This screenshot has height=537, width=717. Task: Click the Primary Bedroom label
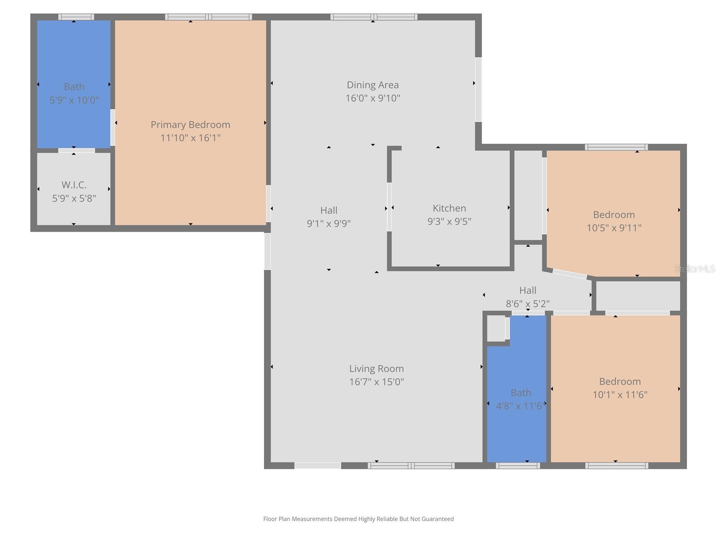click(190, 124)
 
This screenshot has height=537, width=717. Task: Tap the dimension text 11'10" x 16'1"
click(190, 138)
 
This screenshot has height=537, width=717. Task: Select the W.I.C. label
click(74, 185)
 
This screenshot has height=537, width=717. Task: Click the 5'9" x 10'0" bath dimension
click(74, 100)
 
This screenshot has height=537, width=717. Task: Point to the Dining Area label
click(372, 85)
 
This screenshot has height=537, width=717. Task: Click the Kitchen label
click(449, 208)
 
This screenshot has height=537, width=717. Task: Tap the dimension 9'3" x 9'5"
click(449, 221)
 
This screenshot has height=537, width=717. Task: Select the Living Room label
click(376, 368)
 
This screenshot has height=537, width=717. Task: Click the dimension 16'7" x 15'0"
click(376, 382)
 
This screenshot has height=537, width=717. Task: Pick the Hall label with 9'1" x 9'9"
click(328, 210)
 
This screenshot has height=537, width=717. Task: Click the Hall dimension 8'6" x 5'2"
click(527, 303)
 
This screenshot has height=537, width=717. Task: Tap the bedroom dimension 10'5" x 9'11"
click(614, 228)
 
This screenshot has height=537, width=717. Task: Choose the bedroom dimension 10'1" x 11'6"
click(620, 395)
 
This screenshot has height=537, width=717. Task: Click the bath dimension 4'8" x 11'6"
click(520, 406)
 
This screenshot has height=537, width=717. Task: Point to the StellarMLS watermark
click(695, 269)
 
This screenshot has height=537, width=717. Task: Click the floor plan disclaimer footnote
click(358, 519)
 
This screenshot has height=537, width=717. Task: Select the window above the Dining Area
click(374, 17)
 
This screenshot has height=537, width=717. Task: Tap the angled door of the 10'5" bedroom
click(570, 274)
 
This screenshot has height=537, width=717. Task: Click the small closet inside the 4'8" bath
click(496, 329)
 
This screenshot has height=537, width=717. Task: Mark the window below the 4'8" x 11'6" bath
click(518, 466)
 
